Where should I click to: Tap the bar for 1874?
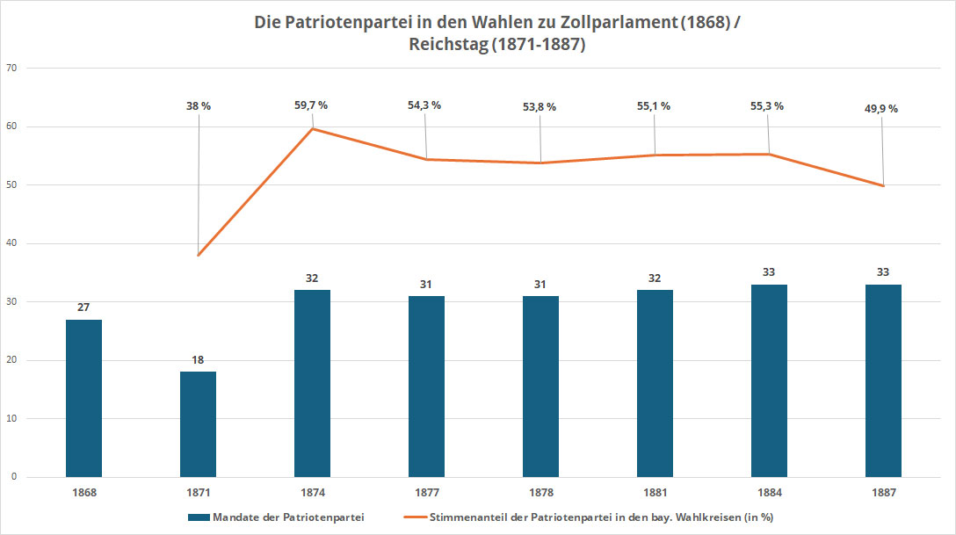[x=312, y=383]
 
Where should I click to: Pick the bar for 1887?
[x=883, y=380]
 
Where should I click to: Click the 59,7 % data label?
[x=311, y=105]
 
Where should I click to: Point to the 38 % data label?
[x=198, y=105]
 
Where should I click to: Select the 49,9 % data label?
[x=881, y=109]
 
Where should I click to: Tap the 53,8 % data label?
[x=540, y=107]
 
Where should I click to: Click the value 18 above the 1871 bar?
[x=198, y=360]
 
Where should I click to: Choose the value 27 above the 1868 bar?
[x=83, y=307]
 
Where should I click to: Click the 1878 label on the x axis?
[x=540, y=493]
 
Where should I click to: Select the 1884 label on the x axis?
[x=769, y=493]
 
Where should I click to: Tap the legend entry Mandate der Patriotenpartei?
[x=288, y=517]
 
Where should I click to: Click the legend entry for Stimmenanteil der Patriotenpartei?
[x=601, y=517]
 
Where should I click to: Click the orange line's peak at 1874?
[x=313, y=129]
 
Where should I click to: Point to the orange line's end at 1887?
[x=883, y=185]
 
